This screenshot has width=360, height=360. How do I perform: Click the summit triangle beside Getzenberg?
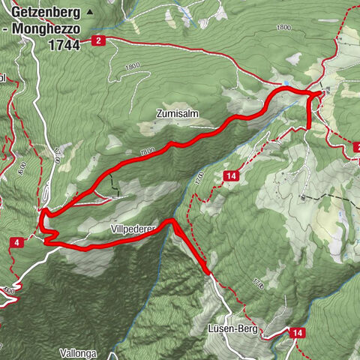point(91,13)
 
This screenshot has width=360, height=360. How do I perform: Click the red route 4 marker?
point(16,241)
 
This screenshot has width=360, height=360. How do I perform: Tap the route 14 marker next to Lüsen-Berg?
point(298,332)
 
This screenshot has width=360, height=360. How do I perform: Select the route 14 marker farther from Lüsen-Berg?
point(231,176)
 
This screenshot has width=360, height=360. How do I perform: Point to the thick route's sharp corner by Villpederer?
point(172,220)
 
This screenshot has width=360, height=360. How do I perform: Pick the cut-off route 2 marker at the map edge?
point(355,148)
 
